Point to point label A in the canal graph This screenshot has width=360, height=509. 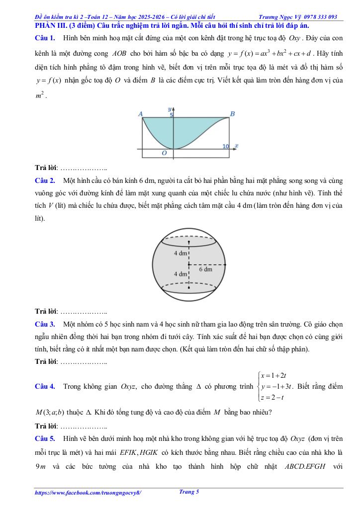(140, 114)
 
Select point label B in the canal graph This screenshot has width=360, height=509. (232, 114)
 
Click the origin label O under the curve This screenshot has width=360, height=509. (164, 153)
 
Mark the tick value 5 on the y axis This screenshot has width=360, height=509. (172, 115)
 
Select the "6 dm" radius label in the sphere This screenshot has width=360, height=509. (205, 269)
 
